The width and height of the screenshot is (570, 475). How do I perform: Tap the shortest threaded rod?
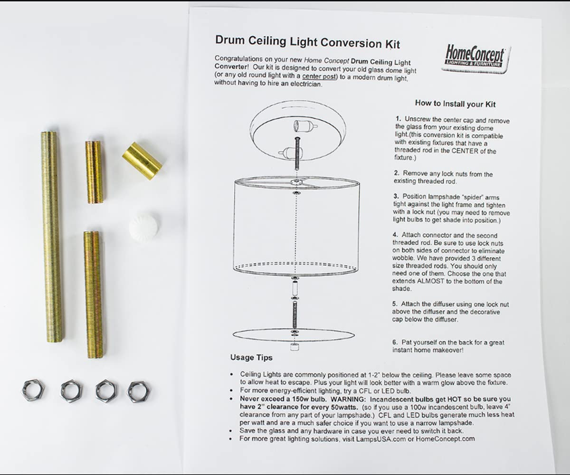(x=94, y=172)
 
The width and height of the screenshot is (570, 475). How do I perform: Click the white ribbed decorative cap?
(x=143, y=227)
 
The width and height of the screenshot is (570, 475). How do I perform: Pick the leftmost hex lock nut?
(x=33, y=390)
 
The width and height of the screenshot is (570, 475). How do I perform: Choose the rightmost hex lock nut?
(x=139, y=391)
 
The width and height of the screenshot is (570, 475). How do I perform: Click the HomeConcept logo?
(x=476, y=59)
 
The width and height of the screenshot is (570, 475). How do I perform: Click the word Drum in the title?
(x=230, y=39)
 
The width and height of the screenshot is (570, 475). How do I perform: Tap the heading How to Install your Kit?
(x=455, y=104)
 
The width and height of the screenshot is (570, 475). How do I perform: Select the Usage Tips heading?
(x=251, y=357)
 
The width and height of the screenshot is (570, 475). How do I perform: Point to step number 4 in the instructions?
(x=395, y=235)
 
